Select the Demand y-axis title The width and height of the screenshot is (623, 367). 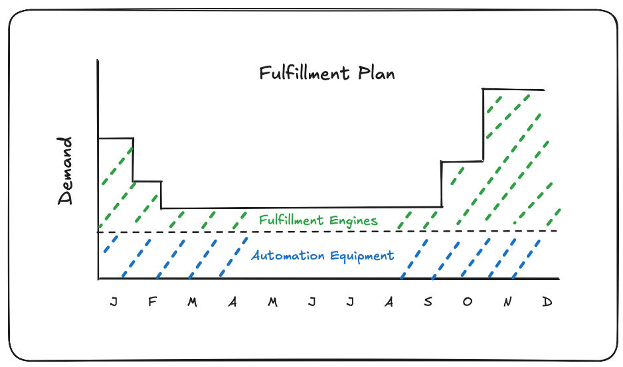pyautogui.click(x=65, y=171)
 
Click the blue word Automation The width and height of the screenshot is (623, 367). pyautogui.click(x=284, y=256)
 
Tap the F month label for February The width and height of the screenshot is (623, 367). pyautogui.click(x=152, y=303)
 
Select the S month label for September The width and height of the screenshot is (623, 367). pyautogui.click(x=428, y=303)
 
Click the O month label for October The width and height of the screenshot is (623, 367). pyautogui.click(x=468, y=303)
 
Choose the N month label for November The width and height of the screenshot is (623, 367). pyautogui.click(x=507, y=303)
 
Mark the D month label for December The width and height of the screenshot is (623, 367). pyautogui.click(x=547, y=303)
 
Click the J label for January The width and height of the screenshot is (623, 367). pyautogui.click(x=114, y=303)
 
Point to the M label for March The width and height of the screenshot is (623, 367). pyautogui.click(x=192, y=303)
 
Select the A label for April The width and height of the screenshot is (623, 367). pyautogui.click(x=232, y=303)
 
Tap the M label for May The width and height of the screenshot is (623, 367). pyautogui.click(x=272, y=303)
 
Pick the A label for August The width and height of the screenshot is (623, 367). pyautogui.click(x=389, y=303)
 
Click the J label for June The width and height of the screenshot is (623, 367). pyautogui.click(x=311, y=303)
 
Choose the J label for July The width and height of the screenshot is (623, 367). pyautogui.click(x=350, y=303)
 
